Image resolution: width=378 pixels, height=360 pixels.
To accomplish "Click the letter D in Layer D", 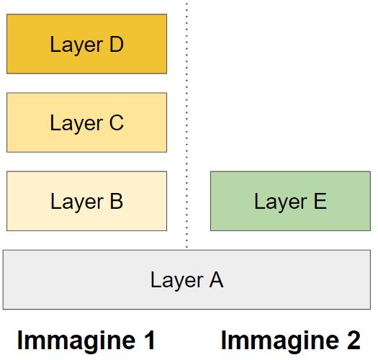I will [x=115, y=45].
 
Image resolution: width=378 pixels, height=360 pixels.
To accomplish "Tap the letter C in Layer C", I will [x=115, y=123].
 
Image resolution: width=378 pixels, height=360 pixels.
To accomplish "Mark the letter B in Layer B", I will [x=115, y=202].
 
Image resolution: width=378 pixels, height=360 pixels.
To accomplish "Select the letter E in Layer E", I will [x=319, y=202].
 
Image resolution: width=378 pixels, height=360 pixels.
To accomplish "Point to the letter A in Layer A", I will [x=215, y=279].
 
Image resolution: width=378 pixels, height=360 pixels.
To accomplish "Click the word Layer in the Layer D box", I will [x=76, y=45].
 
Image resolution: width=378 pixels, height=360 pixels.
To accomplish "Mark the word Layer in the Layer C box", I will [x=76, y=123].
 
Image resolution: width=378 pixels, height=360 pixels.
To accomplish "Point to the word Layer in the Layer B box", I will [x=76, y=202].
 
